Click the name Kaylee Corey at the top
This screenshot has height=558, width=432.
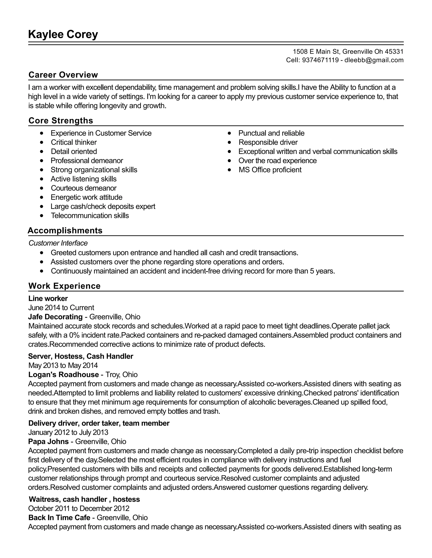pos(63,35)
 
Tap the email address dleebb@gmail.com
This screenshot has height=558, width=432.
pos(374,60)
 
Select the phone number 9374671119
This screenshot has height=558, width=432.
pos(320,60)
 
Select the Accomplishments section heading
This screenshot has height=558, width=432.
pos(65,230)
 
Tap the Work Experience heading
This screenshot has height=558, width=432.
pos(65,286)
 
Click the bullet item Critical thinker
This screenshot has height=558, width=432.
pos(74,142)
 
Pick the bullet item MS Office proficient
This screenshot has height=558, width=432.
pos(270,170)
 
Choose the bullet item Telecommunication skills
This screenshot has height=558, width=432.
pos(90,215)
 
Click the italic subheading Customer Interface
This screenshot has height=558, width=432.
pos(58,243)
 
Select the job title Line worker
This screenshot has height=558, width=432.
pos(48,298)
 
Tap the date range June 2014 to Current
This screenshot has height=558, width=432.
pos(61,307)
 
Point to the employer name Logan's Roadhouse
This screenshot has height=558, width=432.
pos(63,374)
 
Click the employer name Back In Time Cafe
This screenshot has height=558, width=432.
pos(59,517)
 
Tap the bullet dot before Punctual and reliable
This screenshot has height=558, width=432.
pos(229,133)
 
